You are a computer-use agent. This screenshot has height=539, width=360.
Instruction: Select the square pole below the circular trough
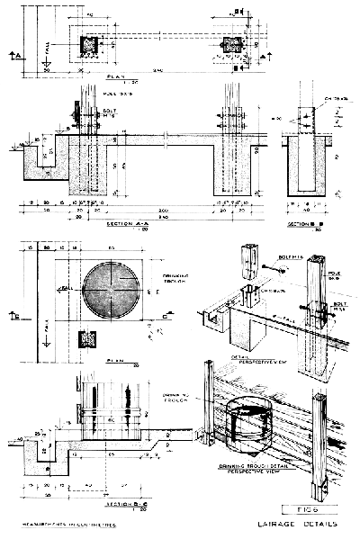pos(88,338)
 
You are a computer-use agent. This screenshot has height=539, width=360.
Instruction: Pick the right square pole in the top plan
pos(238,45)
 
